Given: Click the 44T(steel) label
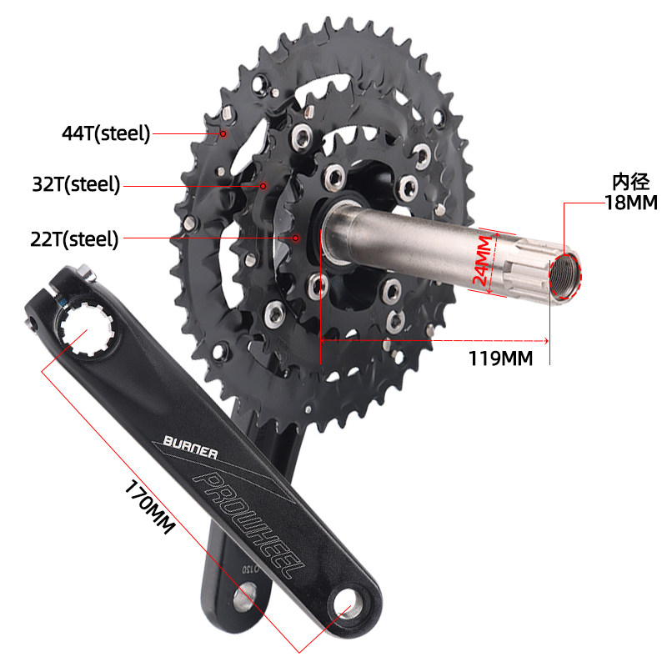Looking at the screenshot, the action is (x=106, y=133).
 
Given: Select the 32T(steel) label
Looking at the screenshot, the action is (x=76, y=184).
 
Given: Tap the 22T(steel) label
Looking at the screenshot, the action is (x=74, y=239).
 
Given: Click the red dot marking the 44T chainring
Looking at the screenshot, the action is (x=223, y=133).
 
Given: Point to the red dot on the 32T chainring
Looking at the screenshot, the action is (x=263, y=186).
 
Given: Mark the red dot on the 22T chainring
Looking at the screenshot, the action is (x=296, y=238).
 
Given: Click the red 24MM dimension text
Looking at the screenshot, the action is (x=483, y=260).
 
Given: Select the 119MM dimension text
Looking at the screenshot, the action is (x=501, y=359).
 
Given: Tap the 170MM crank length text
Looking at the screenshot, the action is (x=150, y=506).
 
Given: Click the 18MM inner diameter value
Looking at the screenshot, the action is (x=631, y=203).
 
